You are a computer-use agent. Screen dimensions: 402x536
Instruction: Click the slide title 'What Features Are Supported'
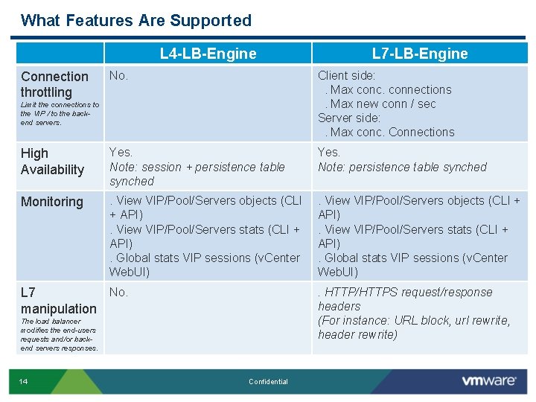136,21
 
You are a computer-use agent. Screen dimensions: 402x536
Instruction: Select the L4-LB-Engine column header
208,54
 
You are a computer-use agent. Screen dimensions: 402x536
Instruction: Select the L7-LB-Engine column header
420,54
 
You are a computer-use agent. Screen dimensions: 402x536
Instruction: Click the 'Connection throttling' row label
54,84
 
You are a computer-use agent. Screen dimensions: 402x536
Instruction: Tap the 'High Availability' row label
52,162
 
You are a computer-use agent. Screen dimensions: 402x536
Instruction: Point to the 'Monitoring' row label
52,202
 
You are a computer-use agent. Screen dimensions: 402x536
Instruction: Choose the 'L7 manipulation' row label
58,300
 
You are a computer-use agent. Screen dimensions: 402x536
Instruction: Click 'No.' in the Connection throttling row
119,75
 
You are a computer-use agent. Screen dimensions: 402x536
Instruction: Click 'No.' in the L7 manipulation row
119,292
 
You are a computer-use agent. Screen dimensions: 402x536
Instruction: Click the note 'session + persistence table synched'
197,174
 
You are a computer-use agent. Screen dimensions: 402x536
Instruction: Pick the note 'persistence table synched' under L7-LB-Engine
402,167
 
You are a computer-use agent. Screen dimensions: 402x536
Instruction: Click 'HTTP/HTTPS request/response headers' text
406,299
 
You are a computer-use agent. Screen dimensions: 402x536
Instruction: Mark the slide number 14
23,382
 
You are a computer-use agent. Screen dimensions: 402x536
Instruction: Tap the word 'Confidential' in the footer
268,382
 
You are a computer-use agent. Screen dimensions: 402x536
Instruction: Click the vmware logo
488,381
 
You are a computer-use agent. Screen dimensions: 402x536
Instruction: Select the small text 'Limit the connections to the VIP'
60,113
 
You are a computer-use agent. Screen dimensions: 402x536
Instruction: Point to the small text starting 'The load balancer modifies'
59,335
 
